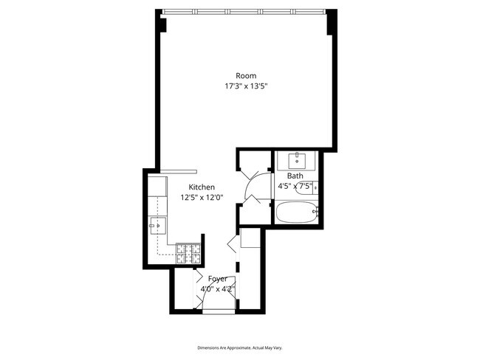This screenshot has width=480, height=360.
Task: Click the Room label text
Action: click(246, 76)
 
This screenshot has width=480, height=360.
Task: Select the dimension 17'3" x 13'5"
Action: click(247, 86)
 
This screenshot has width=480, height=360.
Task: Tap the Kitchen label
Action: click(202, 187)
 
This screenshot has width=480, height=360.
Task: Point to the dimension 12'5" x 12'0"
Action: click(202, 198)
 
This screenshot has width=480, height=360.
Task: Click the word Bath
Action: click(295, 176)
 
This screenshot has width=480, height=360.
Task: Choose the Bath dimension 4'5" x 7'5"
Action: click(295, 186)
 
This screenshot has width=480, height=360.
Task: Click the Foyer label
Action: click(218, 279)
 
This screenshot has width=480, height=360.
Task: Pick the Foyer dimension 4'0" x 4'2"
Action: click(218, 289)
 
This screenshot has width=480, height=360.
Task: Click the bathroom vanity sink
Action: click(297, 161)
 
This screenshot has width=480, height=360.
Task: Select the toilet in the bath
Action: click(307, 187)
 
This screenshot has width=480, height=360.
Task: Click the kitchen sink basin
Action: click(157, 226)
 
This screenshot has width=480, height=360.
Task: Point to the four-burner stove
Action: click(188, 253)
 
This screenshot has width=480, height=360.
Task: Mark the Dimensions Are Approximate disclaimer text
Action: click(240, 347)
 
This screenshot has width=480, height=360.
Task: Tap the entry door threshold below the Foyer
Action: click(219, 311)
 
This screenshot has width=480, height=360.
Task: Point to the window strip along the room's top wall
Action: click(244, 12)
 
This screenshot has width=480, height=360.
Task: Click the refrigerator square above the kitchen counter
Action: click(157, 186)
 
